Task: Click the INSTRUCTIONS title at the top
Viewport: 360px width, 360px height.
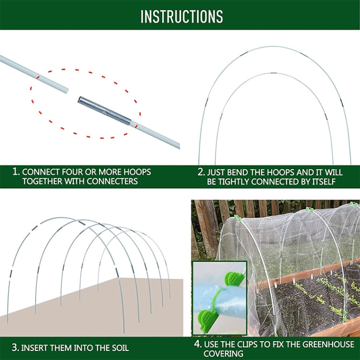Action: coord(181,16)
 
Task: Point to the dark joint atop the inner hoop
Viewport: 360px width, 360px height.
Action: coord(272,73)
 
